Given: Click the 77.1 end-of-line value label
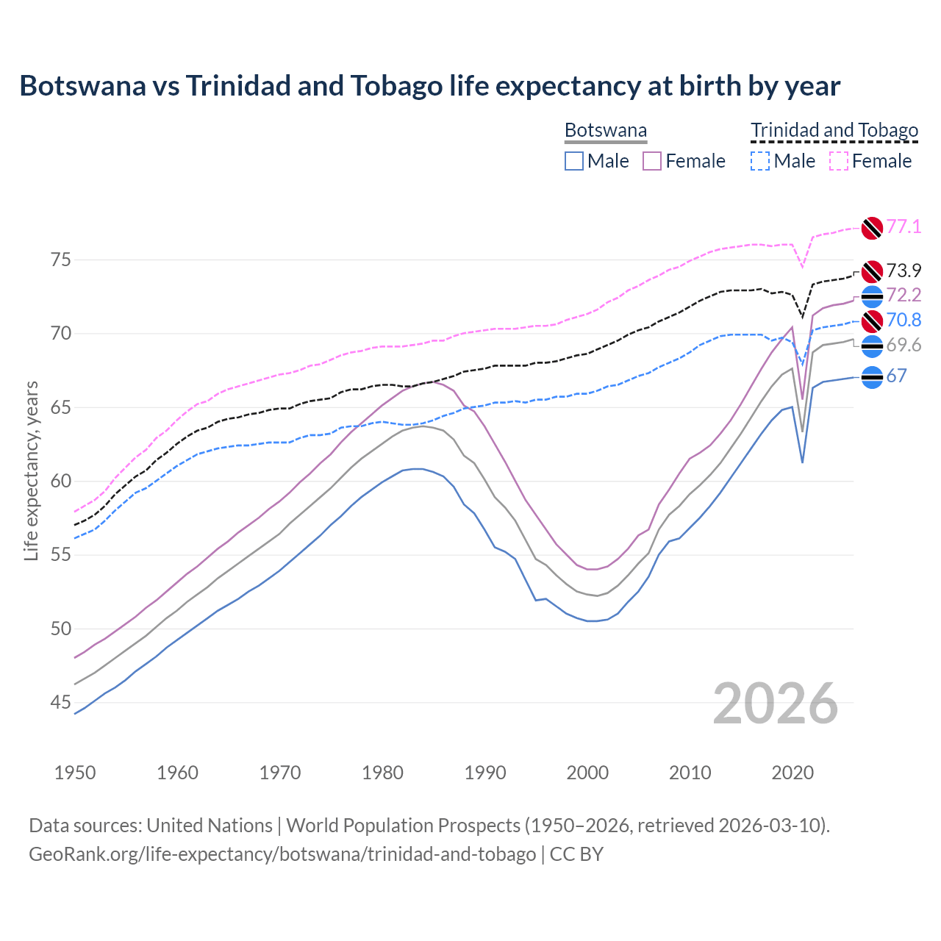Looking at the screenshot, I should click(904, 226).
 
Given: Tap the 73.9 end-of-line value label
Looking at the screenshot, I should click(904, 271).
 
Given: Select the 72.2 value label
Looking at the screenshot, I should click(904, 296).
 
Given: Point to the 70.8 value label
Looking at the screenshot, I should click(904, 320).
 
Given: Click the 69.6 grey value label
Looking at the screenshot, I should click(904, 346).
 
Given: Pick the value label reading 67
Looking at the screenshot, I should click(896, 376).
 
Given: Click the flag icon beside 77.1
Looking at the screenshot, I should click(872, 228).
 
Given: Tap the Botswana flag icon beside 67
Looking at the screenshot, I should click(872, 377).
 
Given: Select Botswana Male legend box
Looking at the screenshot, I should click(574, 161).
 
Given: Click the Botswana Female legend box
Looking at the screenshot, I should click(652, 161).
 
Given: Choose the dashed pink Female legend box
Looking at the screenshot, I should click(839, 161).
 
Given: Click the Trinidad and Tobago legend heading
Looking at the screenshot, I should click(834, 131).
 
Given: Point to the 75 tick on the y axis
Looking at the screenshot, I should click(61, 260).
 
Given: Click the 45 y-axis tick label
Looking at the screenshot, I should click(61, 703).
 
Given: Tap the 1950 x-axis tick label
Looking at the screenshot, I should click(75, 773).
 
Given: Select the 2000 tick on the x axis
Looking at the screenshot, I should click(587, 773).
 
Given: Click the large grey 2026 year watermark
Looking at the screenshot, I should click(776, 704).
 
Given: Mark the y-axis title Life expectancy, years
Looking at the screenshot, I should click(32, 470).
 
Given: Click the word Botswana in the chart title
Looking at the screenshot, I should click(82, 86).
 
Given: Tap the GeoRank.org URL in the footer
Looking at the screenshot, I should click(282, 854).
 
